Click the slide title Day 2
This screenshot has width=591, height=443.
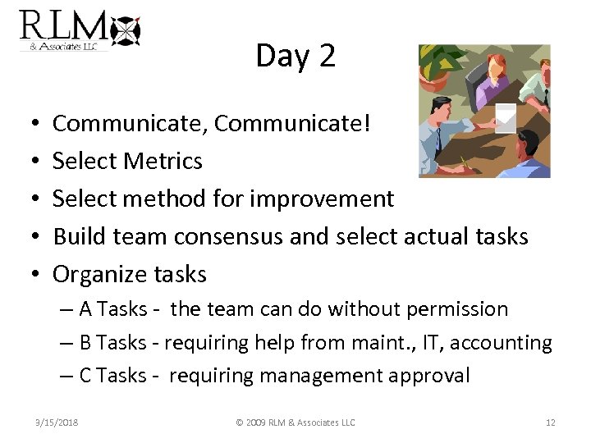(295, 56)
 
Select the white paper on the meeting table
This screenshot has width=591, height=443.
(505, 117)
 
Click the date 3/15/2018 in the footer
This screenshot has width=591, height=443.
(57, 422)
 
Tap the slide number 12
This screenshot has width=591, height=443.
(550, 422)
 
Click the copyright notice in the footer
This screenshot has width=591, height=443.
(295, 422)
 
